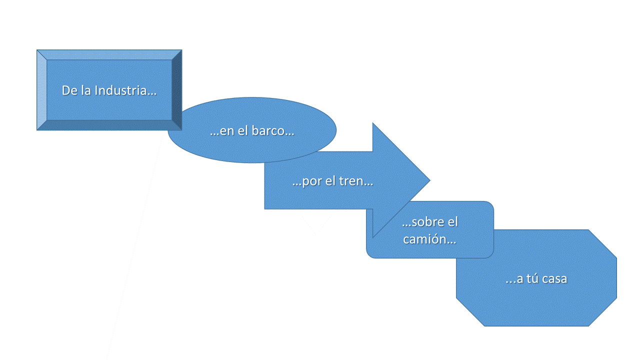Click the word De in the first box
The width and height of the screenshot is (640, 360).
pyautogui.click(x=69, y=90)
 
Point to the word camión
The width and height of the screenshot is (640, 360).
pyautogui.click(x=429, y=239)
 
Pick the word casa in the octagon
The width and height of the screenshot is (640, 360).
pyautogui.click(x=554, y=279)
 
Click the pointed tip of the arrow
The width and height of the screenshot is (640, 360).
pyautogui.click(x=430, y=180)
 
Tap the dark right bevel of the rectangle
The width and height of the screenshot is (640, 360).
pyautogui.click(x=177, y=90)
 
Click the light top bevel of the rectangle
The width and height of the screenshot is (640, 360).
pyautogui.click(x=109, y=55)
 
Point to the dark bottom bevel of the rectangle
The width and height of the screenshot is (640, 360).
pyautogui.click(x=109, y=125)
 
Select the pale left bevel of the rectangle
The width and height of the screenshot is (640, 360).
pyautogui.click(x=42, y=90)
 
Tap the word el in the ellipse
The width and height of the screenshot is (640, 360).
pyautogui.click(x=243, y=131)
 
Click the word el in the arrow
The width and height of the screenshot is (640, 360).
pyautogui.click(x=330, y=181)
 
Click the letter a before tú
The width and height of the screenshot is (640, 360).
pyautogui.click(x=519, y=279)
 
